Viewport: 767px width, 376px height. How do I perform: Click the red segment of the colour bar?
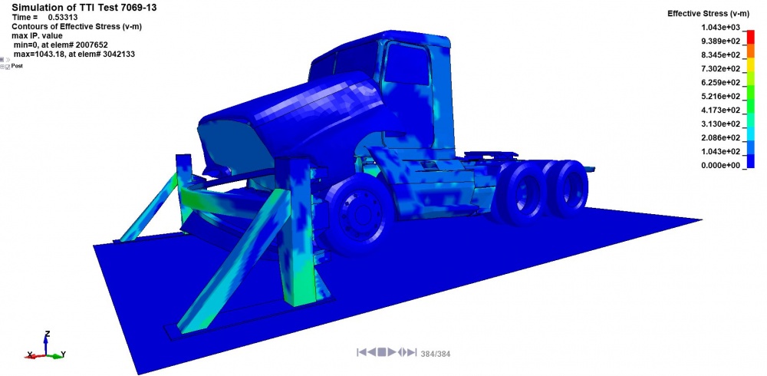pyautogui.click(x=750, y=37)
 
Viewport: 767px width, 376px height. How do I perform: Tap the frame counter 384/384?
pyautogui.click(x=436, y=353)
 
